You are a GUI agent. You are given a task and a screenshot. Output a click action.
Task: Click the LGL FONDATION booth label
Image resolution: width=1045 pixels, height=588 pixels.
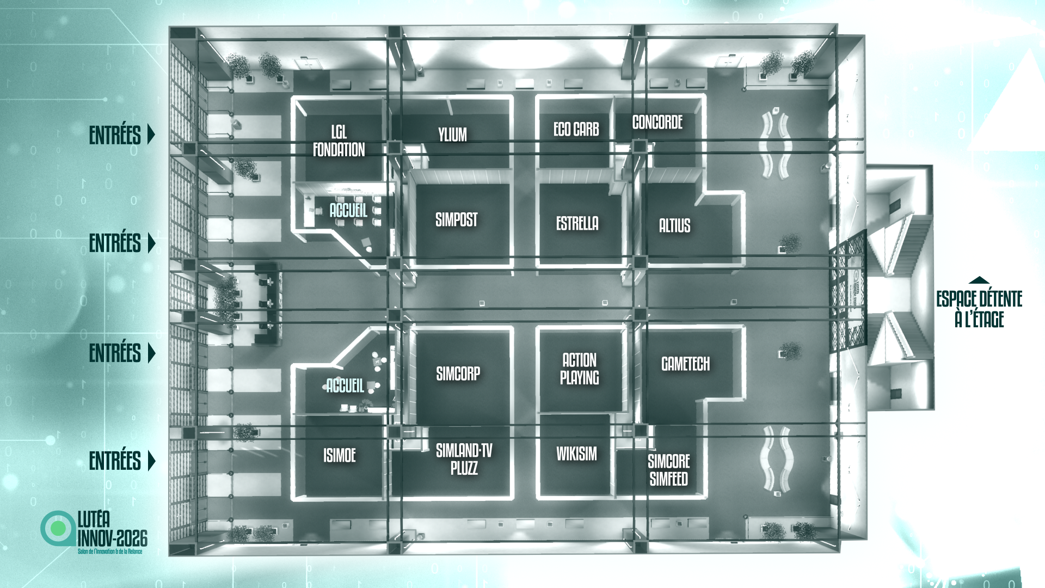pyautogui.click(x=339, y=141)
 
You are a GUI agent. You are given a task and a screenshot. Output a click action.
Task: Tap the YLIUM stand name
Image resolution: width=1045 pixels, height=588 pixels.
pyautogui.click(x=452, y=135)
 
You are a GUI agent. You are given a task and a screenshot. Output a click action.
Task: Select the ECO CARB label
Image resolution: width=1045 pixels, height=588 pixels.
pyautogui.click(x=576, y=130)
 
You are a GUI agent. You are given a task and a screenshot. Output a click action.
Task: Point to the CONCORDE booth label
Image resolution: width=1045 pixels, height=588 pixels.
pyautogui.click(x=657, y=122)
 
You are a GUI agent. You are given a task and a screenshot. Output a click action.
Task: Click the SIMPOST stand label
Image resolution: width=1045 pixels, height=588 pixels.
pyautogui.click(x=456, y=220)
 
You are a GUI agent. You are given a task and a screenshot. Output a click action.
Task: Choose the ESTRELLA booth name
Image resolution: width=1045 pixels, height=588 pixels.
pyautogui.click(x=577, y=223)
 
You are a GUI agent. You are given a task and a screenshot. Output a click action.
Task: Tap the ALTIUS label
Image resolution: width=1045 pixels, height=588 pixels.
pyautogui.click(x=674, y=225)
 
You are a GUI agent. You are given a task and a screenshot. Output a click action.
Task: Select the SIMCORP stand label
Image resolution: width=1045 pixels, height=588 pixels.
pyautogui.click(x=458, y=373)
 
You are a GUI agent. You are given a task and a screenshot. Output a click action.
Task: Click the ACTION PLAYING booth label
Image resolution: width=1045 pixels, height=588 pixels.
pyautogui.click(x=579, y=369)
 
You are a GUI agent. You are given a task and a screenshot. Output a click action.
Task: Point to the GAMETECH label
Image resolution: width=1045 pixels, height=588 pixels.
pyautogui.click(x=685, y=364)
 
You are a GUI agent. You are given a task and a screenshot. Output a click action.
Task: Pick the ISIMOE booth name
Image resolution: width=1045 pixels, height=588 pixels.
pyautogui.click(x=340, y=455)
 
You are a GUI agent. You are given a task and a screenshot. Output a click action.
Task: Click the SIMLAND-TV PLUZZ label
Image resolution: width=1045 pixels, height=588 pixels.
pyautogui.click(x=464, y=459)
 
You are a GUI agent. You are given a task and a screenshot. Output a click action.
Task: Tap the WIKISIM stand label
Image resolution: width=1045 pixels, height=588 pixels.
pyautogui.click(x=576, y=454)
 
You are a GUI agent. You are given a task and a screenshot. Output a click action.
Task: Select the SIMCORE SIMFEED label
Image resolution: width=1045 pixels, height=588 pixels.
pyautogui.click(x=668, y=470)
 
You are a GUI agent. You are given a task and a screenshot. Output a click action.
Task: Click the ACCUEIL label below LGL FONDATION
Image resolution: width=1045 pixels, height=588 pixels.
pyautogui.click(x=348, y=210)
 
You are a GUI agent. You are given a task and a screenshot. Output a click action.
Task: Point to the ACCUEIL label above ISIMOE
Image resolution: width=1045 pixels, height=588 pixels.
pyautogui.click(x=345, y=385)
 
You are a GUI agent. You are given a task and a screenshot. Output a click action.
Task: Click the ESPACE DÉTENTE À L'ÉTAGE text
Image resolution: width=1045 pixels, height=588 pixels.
pyautogui.click(x=979, y=309)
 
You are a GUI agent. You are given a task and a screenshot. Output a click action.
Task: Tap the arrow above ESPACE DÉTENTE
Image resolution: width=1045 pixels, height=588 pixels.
pyautogui.click(x=979, y=280)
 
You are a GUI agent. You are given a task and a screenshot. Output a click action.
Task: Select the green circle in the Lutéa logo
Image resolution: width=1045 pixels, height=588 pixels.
pyautogui.click(x=58, y=528)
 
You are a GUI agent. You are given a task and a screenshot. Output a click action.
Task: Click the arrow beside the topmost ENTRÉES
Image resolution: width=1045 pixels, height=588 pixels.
pyautogui.click(x=151, y=134)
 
